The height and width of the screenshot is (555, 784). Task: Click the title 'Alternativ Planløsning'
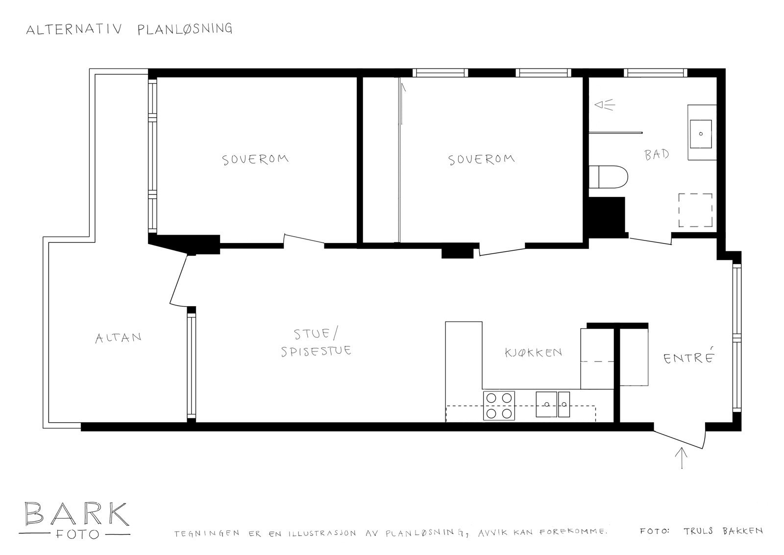click(x=129, y=29)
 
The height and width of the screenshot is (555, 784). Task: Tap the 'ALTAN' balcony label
click(x=118, y=338)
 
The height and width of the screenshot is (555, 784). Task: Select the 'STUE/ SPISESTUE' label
click(x=316, y=343)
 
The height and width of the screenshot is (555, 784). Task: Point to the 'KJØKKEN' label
click(x=533, y=352)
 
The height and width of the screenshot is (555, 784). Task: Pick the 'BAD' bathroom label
click(x=657, y=155)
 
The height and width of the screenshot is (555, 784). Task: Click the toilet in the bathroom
click(x=609, y=178)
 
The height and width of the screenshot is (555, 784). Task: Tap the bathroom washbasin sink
click(x=701, y=132)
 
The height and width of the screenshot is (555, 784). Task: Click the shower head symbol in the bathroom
click(x=604, y=105)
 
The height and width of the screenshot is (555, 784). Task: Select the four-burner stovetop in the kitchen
click(x=499, y=406)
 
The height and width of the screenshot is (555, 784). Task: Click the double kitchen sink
click(x=553, y=405)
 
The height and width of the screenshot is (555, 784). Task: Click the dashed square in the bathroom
click(x=695, y=210)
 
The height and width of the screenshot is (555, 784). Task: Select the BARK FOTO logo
click(x=76, y=520)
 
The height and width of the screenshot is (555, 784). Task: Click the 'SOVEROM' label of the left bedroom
click(x=255, y=160)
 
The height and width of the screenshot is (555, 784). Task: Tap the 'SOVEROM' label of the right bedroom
click(x=482, y=160)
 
